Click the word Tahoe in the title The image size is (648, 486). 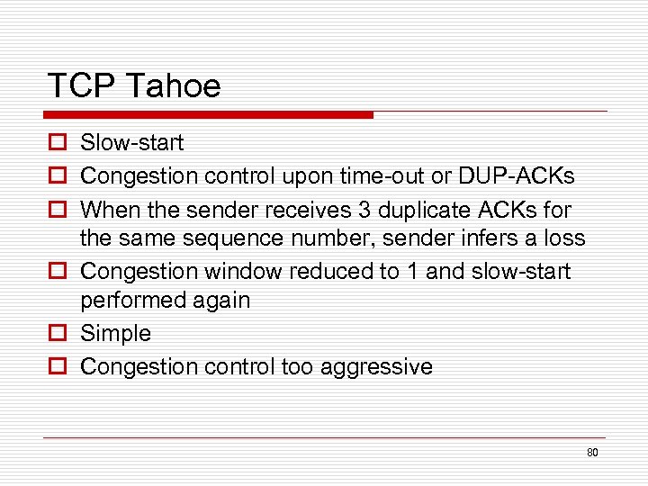[x=174, y=86]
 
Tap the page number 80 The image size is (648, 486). [x=592, y=453]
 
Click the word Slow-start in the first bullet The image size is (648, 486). [x=131, y=142]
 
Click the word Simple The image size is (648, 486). [x=116, y=333]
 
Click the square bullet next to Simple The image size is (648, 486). [x=56, y=333]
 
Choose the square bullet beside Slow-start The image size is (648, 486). [x=56, y=142]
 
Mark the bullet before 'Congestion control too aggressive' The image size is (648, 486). [x=56, y=366]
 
